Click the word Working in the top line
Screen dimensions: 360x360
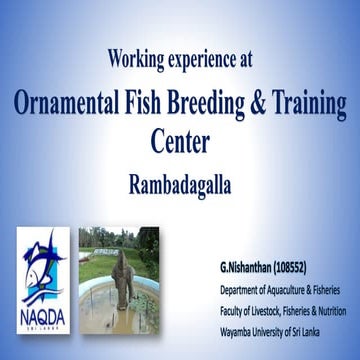(x=135, y=59)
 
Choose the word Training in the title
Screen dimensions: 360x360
(x=314, y=104)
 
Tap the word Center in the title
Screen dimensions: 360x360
(x=181, y=141)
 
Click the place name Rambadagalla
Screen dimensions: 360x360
(x=181, y=183)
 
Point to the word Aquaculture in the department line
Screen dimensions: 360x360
(x=290, y=288)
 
